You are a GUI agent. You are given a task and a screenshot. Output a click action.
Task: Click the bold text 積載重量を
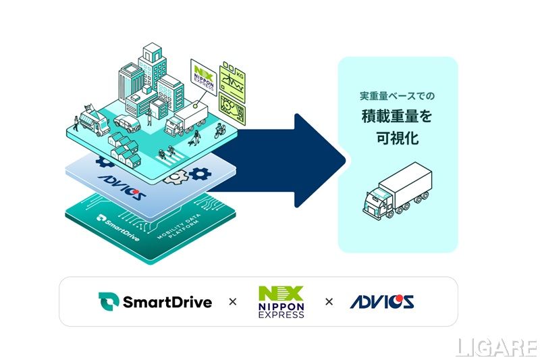[x=397, y=115]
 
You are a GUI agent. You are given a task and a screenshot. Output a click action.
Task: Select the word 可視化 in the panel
[x=397, y=138]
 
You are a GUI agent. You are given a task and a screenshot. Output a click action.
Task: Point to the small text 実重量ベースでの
[x=397, y=95]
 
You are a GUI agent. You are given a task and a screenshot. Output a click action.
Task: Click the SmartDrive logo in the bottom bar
[x=155, y=301]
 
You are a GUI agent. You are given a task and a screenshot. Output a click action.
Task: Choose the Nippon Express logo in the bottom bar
[x=281, y=302]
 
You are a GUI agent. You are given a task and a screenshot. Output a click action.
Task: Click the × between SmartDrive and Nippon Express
[x=233, y=302]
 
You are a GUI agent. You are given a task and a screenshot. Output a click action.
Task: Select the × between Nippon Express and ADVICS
[x=329, y=302]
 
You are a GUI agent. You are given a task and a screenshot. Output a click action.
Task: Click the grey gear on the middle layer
[x=178, y=178]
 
